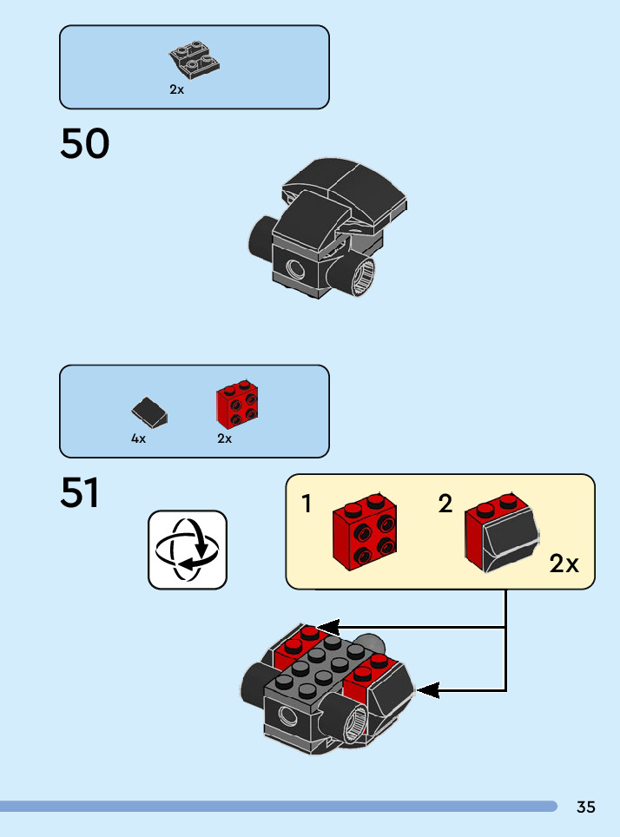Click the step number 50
pos(85,144)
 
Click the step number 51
pos(80,493)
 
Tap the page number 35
pos(586,807)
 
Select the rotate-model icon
pos(188,550)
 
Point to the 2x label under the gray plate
pos(177,89)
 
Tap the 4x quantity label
pos(139,439)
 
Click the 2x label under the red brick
pos(225,439)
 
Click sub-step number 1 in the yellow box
pos(307,504)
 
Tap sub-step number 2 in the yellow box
pos(445,504)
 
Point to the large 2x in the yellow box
pos(564,564)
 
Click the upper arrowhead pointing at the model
pos(326,627)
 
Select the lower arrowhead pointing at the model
pos(426,691)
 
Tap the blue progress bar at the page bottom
pos(278,807)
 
